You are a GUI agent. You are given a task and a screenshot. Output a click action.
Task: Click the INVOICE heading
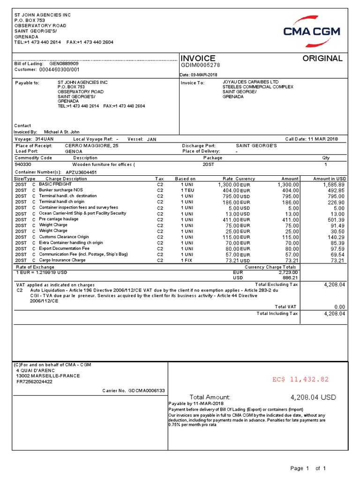pos(198,58)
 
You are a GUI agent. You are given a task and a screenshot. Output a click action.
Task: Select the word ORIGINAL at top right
pos(322,58)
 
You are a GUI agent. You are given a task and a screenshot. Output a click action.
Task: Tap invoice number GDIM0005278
pos(200,65)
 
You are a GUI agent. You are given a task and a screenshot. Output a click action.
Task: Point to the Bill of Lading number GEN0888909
pos(64,63)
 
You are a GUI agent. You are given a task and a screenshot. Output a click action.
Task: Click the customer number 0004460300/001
pos(60,69)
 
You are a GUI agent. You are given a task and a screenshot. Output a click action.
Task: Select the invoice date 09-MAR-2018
pos(207,75)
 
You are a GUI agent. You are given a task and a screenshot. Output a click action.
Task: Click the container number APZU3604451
pos(81,172)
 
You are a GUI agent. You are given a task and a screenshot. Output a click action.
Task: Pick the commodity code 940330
pos(23,165)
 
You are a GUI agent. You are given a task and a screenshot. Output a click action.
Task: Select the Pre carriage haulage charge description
pos(59,219)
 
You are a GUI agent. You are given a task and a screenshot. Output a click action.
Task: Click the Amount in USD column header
pos(330,179)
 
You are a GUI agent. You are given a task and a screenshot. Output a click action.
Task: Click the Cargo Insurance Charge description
pos(62,260)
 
